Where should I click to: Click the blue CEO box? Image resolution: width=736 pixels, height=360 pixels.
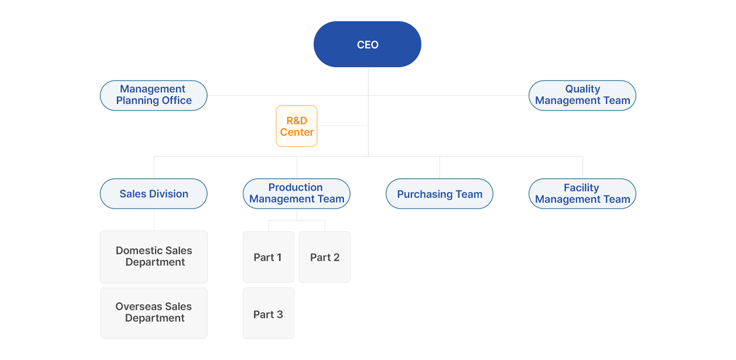(367, 44)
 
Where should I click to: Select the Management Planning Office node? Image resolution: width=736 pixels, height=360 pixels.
(154, 96)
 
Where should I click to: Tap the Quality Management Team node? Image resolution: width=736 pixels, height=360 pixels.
(582, 96)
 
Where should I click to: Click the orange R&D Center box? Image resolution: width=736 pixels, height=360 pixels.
(297, 126)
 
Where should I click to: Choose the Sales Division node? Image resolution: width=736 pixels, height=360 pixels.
(154, 194)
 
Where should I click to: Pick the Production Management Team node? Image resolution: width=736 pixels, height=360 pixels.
(297, 194)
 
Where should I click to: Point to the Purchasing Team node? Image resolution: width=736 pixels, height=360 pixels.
(439, 194)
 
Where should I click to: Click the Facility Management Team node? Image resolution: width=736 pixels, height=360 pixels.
(582, 194)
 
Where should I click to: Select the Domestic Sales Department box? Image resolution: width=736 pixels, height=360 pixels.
(154, 257)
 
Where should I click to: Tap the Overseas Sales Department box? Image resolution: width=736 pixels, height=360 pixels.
(154, 313)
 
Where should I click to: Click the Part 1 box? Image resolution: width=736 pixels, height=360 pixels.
(269, 257)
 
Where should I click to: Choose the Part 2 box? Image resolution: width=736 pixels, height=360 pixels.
(325, 257)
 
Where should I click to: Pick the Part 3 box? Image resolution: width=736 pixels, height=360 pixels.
(269, 313)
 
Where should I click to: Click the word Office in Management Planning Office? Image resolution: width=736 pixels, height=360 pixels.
(177, 100)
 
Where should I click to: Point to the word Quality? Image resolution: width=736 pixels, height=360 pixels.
(582, 89)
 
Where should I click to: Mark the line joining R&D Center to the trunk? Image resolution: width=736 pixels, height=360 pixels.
(343, 126)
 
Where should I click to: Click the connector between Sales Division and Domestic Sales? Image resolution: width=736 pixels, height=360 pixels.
(154, 220)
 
